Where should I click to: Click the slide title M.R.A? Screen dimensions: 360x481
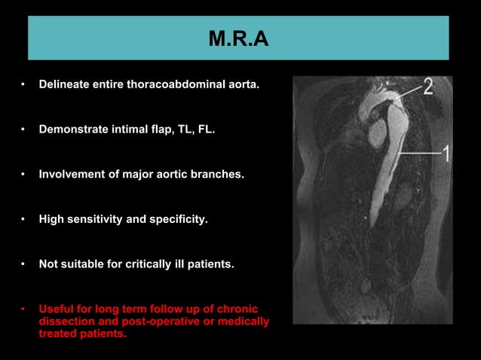238,38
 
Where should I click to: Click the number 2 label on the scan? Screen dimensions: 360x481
427,87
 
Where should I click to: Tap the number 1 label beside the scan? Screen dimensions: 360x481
445,154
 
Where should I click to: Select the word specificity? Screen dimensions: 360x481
175,220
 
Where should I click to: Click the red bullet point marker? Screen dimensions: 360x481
23,310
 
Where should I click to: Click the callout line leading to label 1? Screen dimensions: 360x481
418,154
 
